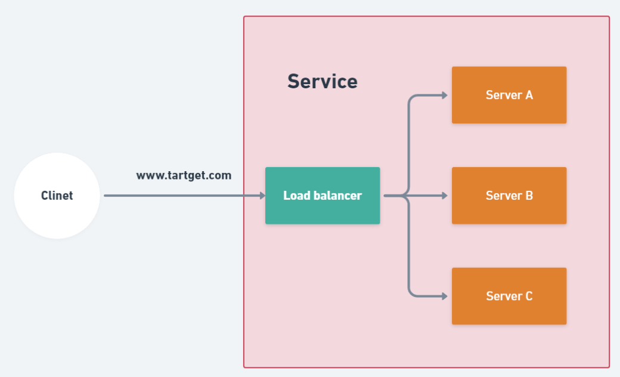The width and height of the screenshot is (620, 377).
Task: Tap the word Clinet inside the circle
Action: (x=57, y=196)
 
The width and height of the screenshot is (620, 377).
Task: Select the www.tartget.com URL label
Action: (x=184, y=176)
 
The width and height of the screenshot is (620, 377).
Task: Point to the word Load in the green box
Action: (x=296, y=196)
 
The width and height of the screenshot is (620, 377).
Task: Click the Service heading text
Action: (x=323, y=81)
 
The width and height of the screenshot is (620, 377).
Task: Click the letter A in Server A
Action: (x=528, y=95)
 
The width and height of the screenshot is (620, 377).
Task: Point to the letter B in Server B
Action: (x=528, y=196)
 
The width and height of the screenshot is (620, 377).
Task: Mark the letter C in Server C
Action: (x=528, y=296)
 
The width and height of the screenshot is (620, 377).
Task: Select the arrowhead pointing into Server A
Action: (x=444, y=95)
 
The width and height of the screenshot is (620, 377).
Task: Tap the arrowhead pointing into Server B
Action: (x=444, y=196)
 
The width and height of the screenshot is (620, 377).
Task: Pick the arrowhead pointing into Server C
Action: (x=444, y=296)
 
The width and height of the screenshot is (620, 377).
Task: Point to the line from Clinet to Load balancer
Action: (x=179, y=196)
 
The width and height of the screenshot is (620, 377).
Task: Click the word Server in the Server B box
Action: (x=501, y=196)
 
